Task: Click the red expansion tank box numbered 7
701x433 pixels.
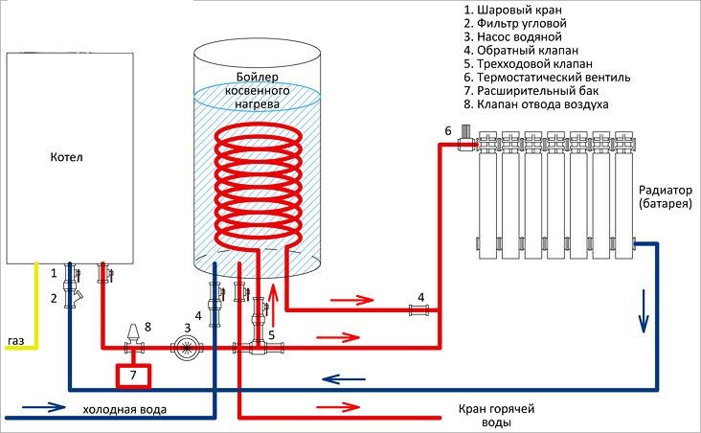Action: click(x=132, y=373)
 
